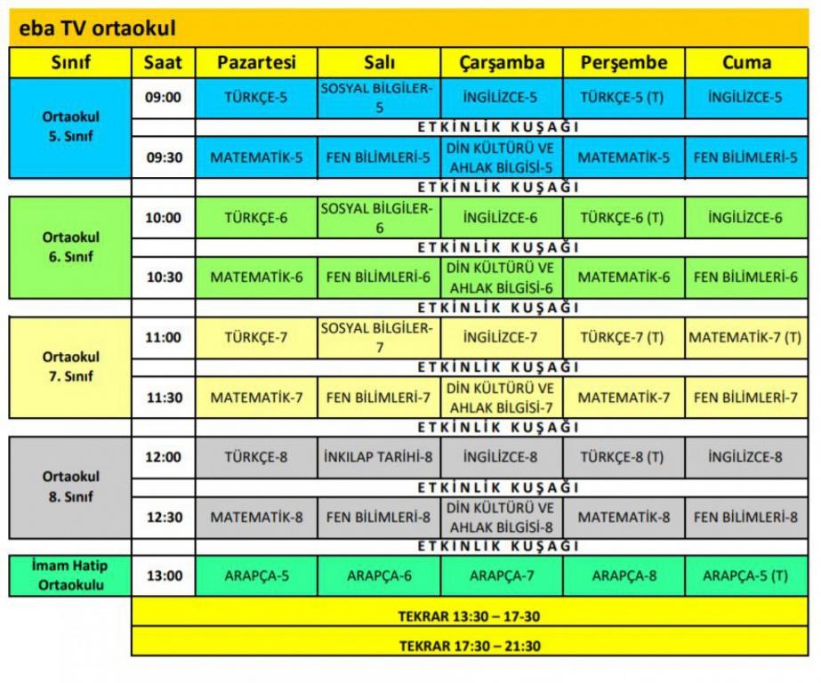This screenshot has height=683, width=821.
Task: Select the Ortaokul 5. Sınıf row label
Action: tap(70, 128)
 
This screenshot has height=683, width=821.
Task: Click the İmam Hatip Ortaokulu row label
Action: tap(70, 575)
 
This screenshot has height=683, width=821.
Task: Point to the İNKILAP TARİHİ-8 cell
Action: tap(378, 458)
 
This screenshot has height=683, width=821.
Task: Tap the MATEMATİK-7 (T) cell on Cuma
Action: tap(745, 338)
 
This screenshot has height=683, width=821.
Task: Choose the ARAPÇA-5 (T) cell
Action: tap(745, 575)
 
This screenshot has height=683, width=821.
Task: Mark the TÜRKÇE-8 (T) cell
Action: tap(623, 458)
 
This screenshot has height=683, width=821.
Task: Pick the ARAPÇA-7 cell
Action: tap(501, 575)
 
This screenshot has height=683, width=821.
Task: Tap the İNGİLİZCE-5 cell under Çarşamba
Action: tap(501, 98)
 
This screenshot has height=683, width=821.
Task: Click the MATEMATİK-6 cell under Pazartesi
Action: tap(256, 277)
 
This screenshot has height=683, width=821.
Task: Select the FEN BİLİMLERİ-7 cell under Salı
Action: tap(378, 398)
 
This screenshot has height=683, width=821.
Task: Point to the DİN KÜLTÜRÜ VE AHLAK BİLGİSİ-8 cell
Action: tap(501, 518)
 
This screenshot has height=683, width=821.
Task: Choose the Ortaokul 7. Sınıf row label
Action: tap(70, 366)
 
